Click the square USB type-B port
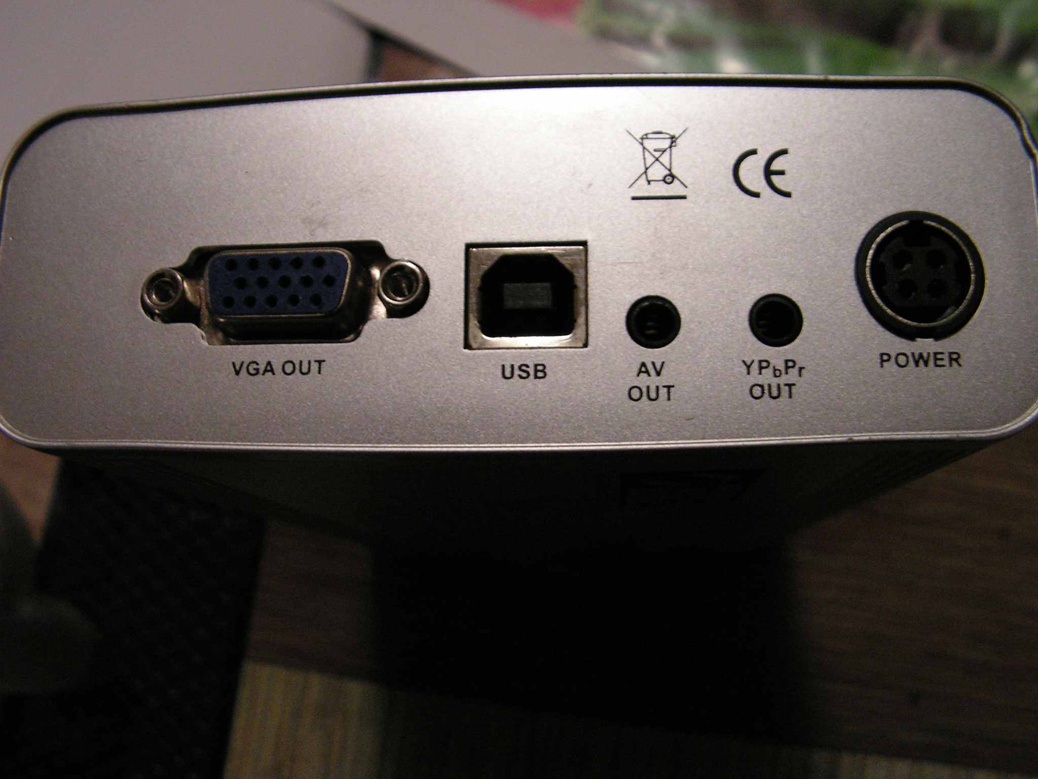[x=526, y=297]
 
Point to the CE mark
[x=762, y=173]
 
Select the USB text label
[x=524, y=372]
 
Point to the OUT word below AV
[x=651, y=393]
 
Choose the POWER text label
[x=919, y=360]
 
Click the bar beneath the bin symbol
[x=658, y=195]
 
